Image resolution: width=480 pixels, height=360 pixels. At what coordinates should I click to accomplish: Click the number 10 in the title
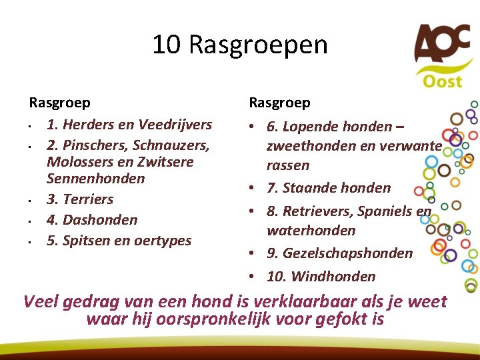(167, 45)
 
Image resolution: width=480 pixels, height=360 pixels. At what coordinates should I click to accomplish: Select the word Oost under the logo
(442, 81)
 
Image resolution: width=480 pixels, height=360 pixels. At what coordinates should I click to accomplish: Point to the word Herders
(88, 125)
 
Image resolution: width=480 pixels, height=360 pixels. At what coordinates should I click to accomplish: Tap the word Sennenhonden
(96, 179)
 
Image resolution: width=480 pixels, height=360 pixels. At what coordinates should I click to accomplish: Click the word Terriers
(88, 199)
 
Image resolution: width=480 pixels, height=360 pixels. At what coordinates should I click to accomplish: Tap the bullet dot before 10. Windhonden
(254, 276)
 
